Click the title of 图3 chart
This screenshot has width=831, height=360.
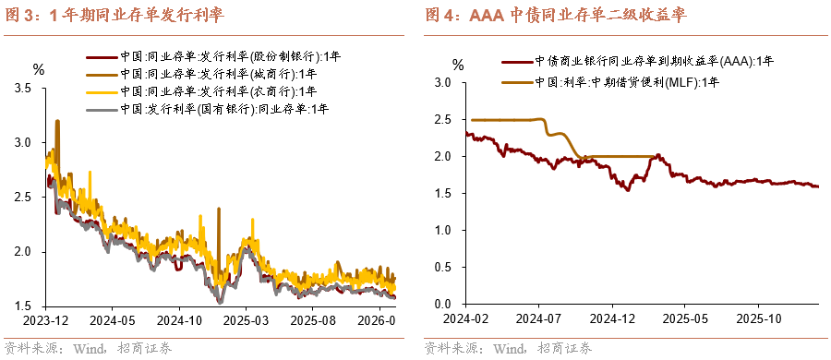click(115, 16)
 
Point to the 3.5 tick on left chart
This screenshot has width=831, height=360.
click(24, 89)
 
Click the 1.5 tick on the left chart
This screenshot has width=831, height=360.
click(24, 306)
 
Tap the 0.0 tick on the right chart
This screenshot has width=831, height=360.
click(441, 304)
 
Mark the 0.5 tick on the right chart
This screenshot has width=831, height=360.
click(441, 267)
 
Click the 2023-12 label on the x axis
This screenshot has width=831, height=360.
click(47, 321)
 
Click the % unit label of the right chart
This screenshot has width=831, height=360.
click(459, 65)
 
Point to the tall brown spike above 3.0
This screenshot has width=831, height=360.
click(58, 122)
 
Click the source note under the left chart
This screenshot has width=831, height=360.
click(89, 348)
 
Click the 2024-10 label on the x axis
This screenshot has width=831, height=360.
click(180, 321)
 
